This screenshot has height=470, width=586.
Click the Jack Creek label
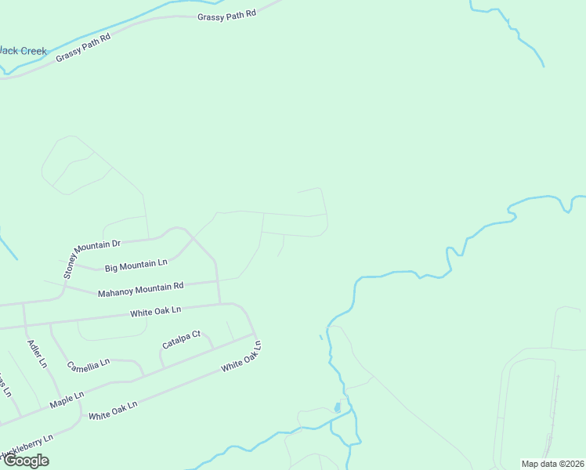[24, 52]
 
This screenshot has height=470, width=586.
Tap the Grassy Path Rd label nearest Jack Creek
[83, 48]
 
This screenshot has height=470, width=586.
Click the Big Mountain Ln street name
[136, 265]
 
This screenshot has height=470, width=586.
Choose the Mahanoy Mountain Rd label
[140, 290]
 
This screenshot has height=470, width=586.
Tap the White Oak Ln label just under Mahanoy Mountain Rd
[155, 312]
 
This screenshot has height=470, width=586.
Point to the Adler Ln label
[37, 354]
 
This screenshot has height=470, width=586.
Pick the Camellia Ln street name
[89, 365]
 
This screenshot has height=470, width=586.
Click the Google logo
[26, 461]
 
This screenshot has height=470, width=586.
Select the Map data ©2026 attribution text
[552, 464]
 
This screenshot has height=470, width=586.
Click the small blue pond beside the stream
[337, 407]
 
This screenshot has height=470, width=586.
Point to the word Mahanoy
[114, 293]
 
